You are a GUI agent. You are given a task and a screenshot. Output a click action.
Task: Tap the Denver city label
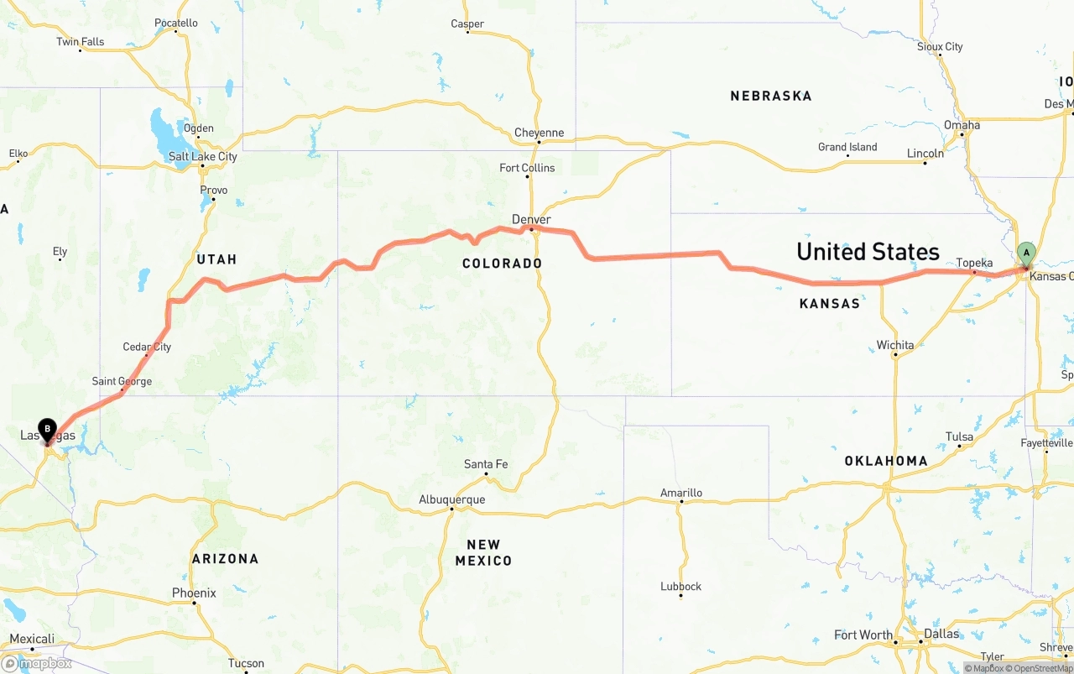pyautogui.click(x=531, y=219)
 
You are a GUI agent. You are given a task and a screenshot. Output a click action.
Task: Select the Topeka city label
pyautogui.click(x=974, y=263)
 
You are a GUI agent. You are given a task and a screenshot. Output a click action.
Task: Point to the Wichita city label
pyautogui.click(x=894, y=345)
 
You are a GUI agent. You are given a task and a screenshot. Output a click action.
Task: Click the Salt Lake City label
pyautogui.click(x=202, y=156)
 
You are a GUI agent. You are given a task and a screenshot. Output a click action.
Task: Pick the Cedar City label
pyautogui.click(x=147, y=347)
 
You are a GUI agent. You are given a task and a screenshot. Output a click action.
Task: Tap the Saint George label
pyautogui.click(x=122, y=381)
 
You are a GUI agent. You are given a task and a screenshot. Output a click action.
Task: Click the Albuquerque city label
pyautogui.click(x=451, y=499)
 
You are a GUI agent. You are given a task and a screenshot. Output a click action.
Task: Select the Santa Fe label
pyautogui.click(x=486, y=464)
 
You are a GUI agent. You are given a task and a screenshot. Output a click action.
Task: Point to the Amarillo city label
pyautogui.click(x=681, y=493)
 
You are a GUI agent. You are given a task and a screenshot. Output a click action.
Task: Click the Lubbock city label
pyautogui.click(x=680, y=586)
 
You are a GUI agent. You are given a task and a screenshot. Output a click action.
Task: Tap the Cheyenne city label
pyautogui.click(x=539, y=133)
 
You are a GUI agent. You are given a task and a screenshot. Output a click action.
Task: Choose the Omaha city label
pyautogui.click(x=962, y=125)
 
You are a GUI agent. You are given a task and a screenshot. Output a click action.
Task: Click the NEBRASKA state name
pyautogui.click(x=770, y=96)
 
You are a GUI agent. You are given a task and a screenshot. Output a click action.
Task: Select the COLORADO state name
pyautogui.click(x=502, y=264)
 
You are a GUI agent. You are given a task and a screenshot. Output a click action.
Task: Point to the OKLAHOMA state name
pyautogui.click(x=885, y=461)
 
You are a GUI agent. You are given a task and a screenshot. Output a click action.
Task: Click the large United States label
pyautogui.click(x=868, y=251)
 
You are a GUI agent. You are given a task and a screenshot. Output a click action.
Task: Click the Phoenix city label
pyautogui.click(x=194, y=593)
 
